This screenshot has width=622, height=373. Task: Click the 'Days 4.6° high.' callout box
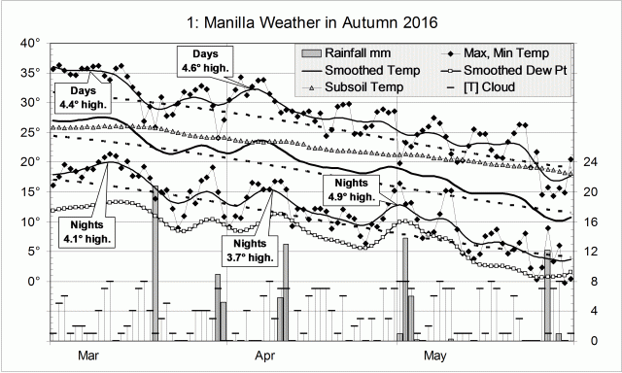204,60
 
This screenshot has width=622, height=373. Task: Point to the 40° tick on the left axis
31,43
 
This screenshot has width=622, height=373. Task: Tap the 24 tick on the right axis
600,162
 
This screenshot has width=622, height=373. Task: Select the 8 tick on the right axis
600,281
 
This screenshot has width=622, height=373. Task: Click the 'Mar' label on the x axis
88,356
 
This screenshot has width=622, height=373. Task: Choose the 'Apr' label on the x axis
264,356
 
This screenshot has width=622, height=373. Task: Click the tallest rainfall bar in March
155,262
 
